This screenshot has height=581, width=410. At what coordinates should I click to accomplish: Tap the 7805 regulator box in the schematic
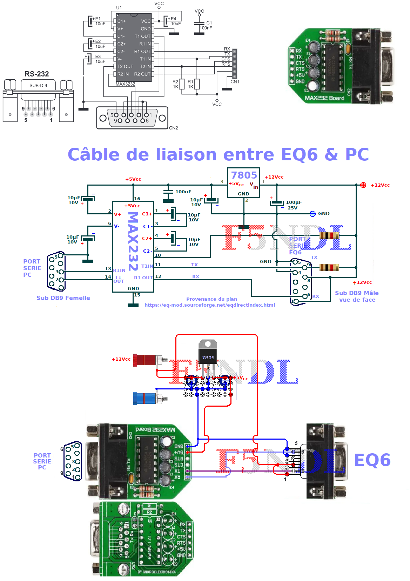(x=244, y=183)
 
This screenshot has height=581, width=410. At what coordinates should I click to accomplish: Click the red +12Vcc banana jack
(x=145, y=360)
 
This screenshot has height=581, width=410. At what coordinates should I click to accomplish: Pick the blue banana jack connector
(x=145, y=398)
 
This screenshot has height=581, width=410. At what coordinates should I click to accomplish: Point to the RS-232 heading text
(x=36, y=74)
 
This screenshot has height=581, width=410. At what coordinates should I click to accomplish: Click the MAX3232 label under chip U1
(x=125, y=84)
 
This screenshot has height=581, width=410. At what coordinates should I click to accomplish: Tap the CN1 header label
(x=235, y=82)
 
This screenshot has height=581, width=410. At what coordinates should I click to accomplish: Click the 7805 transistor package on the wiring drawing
(x=208, y=353)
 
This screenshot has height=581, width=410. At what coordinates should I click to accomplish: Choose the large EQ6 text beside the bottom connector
(x=372, y=460)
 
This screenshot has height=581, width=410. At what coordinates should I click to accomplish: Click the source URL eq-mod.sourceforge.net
(x=210, y=305)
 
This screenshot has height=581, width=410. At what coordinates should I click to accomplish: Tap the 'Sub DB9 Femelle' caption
(x=63, y=298)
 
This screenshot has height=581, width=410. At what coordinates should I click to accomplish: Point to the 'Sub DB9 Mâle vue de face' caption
(x=357, y=296)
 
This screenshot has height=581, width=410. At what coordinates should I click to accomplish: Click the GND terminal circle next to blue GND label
(x=313, y=214)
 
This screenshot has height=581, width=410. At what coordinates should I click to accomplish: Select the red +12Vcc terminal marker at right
(x=363, y=185)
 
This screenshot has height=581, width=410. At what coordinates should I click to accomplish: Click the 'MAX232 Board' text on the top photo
(x=324, y=98)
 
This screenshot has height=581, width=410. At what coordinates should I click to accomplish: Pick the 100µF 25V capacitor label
(x=293, y=205)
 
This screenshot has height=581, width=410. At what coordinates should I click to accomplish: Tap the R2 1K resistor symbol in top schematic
(x=182, y=84)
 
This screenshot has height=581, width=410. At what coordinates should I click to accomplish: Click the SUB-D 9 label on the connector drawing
(x=38, y=86)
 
